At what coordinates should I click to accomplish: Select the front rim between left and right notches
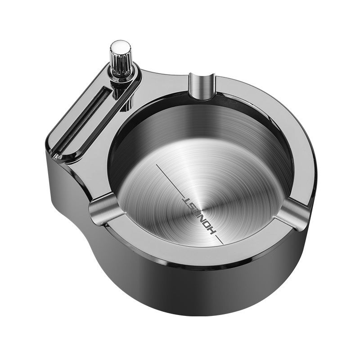189,256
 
